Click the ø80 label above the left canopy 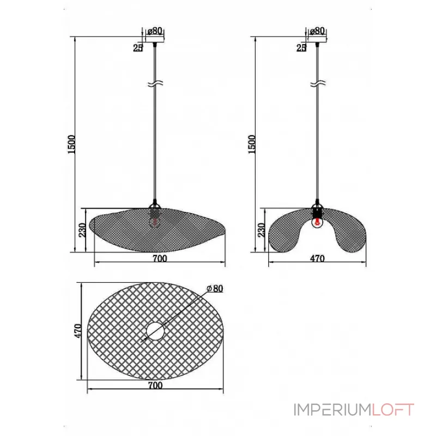coord(155,31)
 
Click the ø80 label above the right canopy coord(317,31)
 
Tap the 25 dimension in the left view coord(138,48)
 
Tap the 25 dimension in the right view coord(301,48)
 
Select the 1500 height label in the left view coord(71,144)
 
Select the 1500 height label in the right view coord(251,144)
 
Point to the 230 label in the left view coord(83,230)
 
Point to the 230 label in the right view coord(262,230)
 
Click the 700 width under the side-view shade coord(160,258)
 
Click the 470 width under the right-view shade coord(317,258)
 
